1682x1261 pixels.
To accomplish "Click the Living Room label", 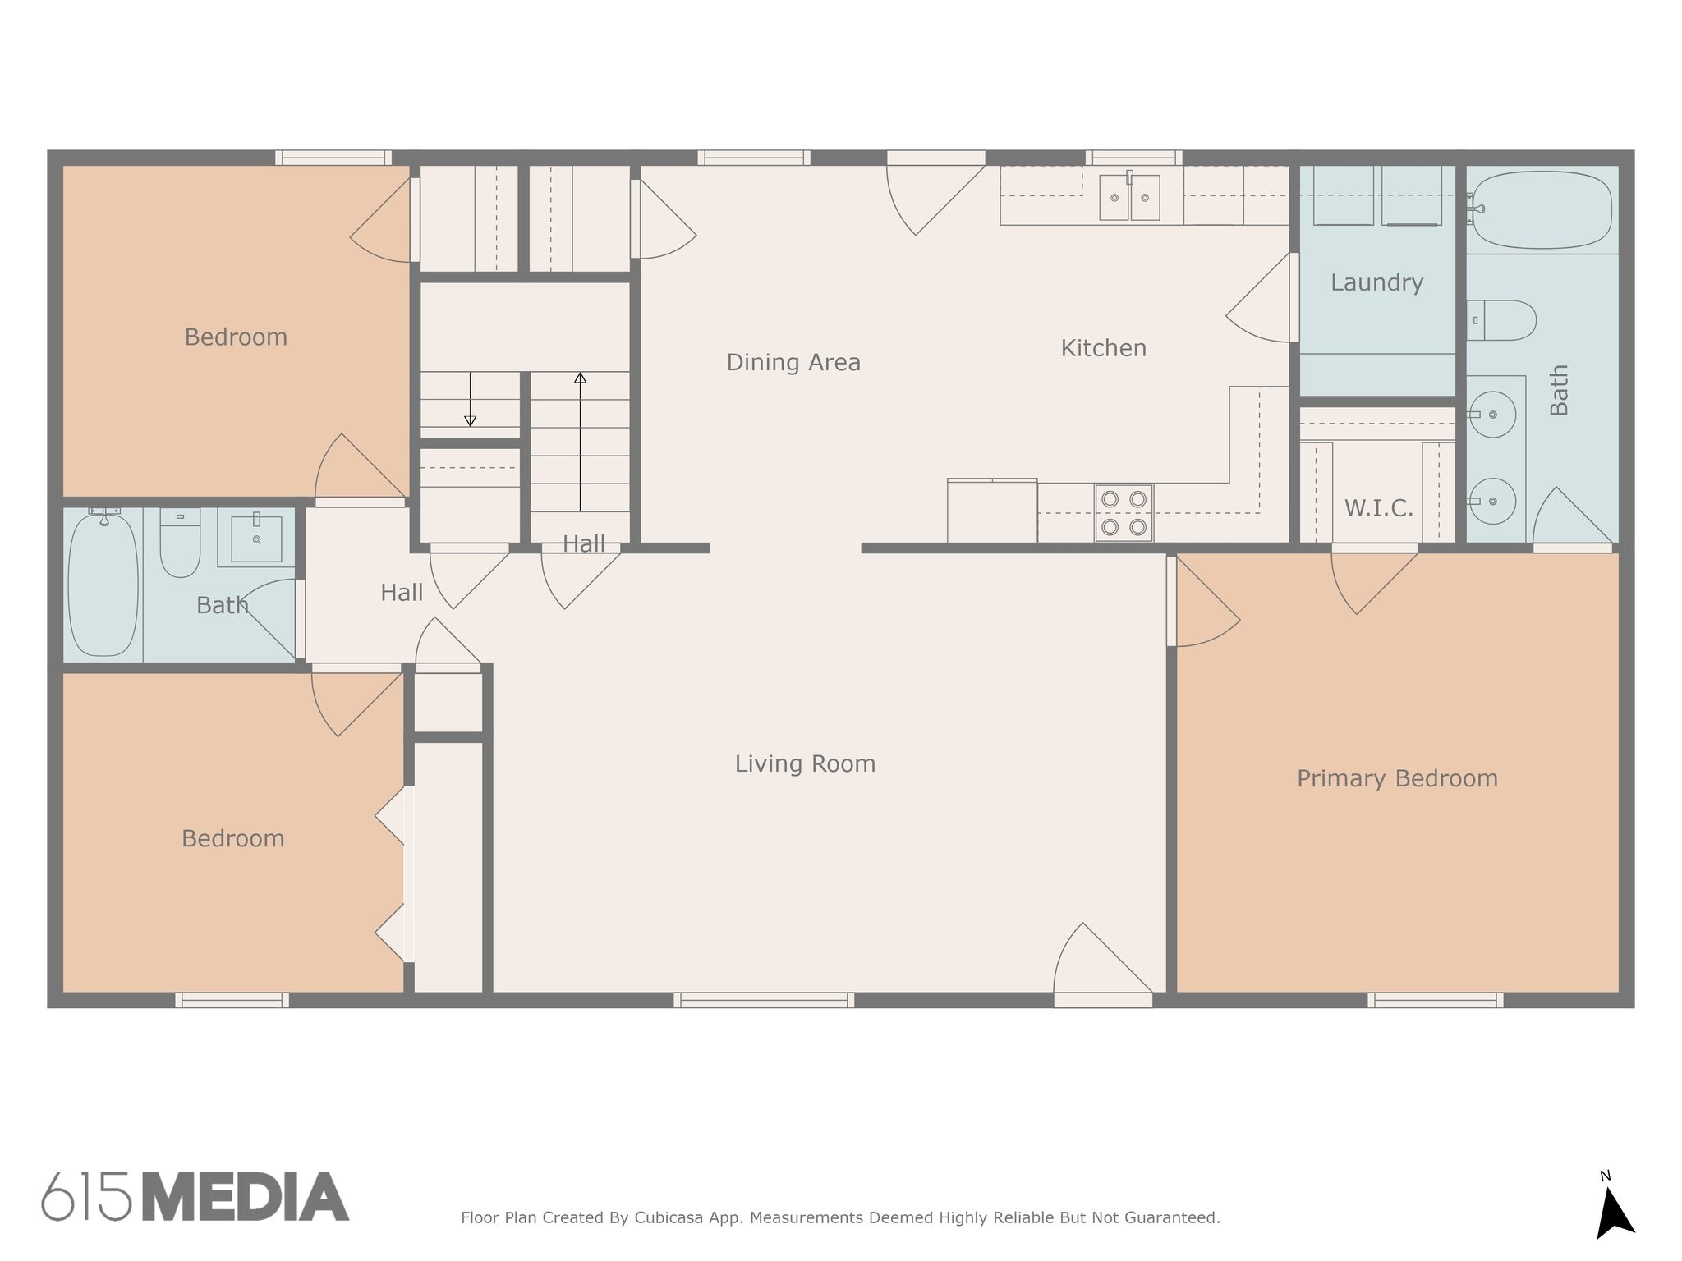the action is tap(805, 764).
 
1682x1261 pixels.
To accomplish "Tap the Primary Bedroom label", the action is tap(1397, 779).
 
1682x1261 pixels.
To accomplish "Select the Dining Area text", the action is tap(793, 362).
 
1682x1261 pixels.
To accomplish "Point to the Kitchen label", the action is tap(1103, 348).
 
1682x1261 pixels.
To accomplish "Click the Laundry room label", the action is tap(1376, 283).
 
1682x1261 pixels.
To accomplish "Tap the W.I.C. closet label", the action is tap(1378, 508).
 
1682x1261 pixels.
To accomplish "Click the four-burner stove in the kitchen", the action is tap(1124, 513).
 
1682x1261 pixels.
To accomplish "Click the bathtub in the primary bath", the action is tap(1542, 210).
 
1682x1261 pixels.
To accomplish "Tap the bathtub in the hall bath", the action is tap(103, 585).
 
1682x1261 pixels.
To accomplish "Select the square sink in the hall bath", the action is tap(256, 539).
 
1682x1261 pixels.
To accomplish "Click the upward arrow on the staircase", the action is tap(580, 442).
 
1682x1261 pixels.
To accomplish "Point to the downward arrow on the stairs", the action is tap(470, 399).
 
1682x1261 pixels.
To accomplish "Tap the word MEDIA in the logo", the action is tap(246, 1197).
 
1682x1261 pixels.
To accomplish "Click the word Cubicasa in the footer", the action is tap(669, 1217).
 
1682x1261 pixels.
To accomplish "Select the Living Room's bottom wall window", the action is tap(764, 1000).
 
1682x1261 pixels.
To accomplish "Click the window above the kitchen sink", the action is tap(1133, 158).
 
